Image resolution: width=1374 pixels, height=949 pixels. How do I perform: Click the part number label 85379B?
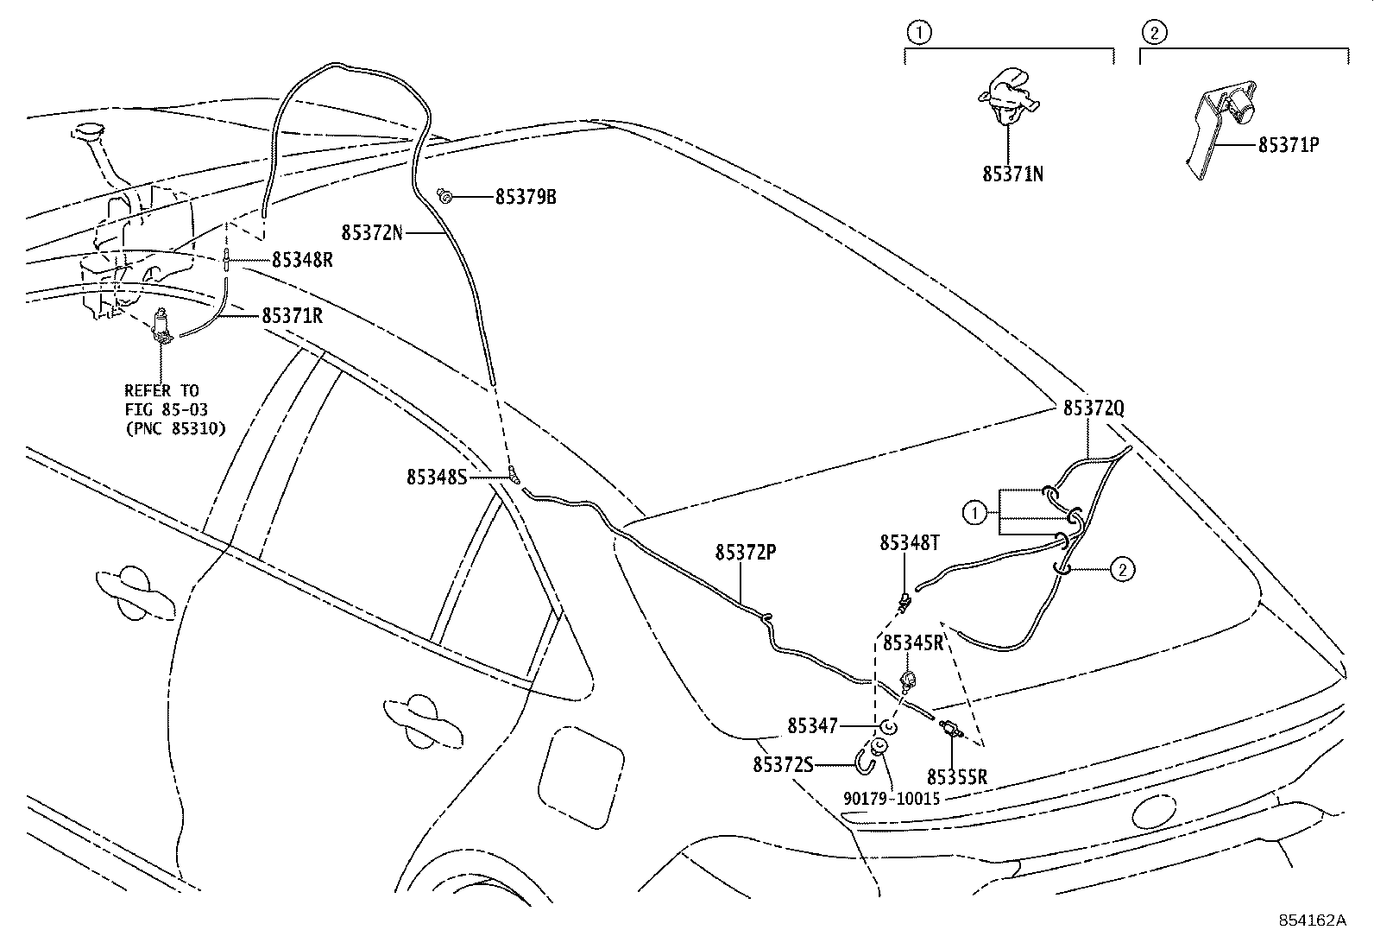[526, 197]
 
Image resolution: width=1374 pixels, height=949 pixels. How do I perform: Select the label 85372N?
[372, 232]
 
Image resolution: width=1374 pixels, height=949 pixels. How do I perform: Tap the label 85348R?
[302, 259]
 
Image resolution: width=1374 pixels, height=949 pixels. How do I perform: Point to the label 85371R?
[293, 316]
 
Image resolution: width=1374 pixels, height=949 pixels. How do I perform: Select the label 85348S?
[437, 477]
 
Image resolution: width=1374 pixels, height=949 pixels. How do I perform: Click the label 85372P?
[746, 552]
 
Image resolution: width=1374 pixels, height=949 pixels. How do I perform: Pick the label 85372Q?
[1094, 408]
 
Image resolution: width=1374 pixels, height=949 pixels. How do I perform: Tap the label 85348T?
[910, 542]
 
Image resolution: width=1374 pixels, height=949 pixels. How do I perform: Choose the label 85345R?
[912, 643]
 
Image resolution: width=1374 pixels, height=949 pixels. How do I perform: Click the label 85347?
[812, 727]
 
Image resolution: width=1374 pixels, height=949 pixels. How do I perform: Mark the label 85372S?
[783, 764]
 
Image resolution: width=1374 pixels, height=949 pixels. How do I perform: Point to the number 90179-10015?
[892, 799]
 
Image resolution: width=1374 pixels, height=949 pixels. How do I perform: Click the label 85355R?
[957, 777]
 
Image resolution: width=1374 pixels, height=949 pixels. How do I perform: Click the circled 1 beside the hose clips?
[974, 514]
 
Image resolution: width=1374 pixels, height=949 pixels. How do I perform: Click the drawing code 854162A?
[1312, 921]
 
